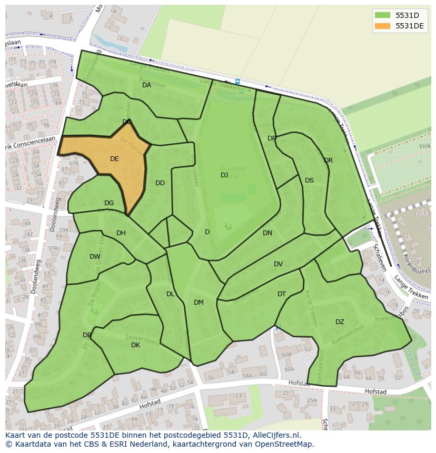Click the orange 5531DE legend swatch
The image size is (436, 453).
[383, 26]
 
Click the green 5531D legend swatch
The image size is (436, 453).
[383, 15]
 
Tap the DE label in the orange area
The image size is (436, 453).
[114, 159]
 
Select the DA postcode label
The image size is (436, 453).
[147, 85]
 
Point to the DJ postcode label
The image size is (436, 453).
[224, 175]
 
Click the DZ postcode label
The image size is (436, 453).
[340, 322]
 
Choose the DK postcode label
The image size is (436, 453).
[135, 345]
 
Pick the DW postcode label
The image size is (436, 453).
[95, 257]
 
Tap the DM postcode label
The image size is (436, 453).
[199, 303]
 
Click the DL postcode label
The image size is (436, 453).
[170, 294]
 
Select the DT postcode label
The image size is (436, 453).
[282, 294]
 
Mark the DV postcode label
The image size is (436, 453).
[278, 264]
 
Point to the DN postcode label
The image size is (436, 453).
[267, 233]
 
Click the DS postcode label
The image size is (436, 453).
[309, 180]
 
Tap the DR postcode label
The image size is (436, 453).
[328, 160]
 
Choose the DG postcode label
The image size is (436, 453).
[109, 203]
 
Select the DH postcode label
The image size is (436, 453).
[121, 233]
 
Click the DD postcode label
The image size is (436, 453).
[160, 183]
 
